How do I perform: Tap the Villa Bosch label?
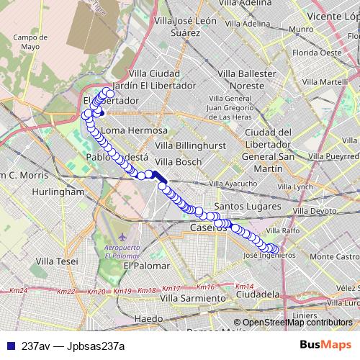pyautogui.click(x=179, y=162)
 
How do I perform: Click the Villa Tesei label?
pyautogui.click(x=58, y=261)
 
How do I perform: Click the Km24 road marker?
pyautogui.click(x=19, y=290)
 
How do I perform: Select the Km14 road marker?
pyautogui.click(x=244, y=286)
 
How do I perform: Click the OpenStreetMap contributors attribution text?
pyautogui.click(x=297, y=323)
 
